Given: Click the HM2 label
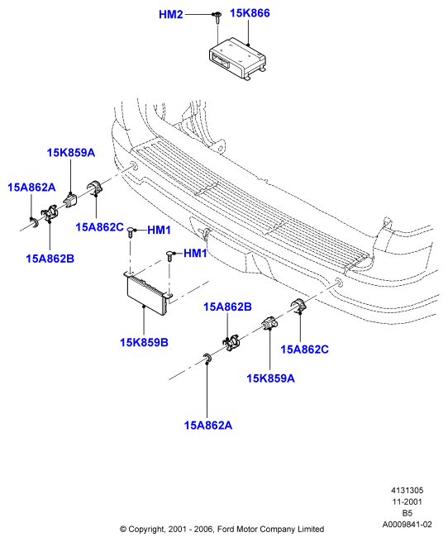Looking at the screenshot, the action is coord(171,15).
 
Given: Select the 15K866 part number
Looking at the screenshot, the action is coord(250,13).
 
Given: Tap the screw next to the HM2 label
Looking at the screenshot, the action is coord(217,17).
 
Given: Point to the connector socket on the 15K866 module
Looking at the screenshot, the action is coord(221,61).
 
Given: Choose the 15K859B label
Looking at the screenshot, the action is coord(144,342).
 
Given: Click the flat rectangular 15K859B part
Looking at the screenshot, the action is coord(148,292).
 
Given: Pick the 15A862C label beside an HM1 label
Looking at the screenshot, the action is coord(99,227).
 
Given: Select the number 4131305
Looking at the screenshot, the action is coord(407,490).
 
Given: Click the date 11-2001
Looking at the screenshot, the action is coord(407,502).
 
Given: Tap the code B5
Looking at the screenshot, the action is coord(407,513).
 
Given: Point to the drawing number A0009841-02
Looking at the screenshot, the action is coord(407,525).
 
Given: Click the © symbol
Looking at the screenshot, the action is coord(123,530).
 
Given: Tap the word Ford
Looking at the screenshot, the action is coord(225,530).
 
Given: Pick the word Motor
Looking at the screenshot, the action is coord(246,530).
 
